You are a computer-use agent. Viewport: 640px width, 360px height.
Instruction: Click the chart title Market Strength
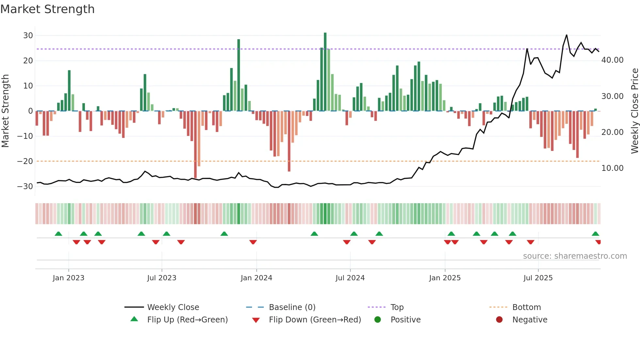[47, 9]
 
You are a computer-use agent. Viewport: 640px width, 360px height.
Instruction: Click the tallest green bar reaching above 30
[325, 72]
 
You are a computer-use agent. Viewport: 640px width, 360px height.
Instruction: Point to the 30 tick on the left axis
[28, 36]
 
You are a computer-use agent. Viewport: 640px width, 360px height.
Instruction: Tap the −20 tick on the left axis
[25, 161]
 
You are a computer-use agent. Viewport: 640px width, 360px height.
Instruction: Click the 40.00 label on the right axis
[612, 60]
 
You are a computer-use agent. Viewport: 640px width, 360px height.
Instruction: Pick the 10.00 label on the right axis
[612, 168]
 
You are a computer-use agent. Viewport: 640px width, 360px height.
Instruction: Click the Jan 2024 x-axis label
[256, 278]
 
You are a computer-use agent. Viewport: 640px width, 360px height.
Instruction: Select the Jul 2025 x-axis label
[538, 278]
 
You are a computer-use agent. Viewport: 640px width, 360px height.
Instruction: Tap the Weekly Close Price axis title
[634, 111]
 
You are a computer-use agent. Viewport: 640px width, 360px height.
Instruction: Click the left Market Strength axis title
[5, 111]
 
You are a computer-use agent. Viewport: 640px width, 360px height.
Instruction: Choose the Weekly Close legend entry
[173, 307]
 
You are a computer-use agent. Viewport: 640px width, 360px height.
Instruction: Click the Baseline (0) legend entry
[292, 307]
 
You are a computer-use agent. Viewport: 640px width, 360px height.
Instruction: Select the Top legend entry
[397, 307]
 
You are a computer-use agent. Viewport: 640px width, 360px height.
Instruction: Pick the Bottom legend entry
[526, 307]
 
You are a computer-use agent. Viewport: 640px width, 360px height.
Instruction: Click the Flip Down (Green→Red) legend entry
[315, 320]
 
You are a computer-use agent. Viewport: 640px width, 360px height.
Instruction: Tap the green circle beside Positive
[378, 320]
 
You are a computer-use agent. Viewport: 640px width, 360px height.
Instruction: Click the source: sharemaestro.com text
[575, 256]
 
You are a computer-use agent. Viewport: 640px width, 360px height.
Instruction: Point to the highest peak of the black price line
[567, 35]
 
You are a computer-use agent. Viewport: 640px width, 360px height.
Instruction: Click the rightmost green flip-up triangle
[595, 234]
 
